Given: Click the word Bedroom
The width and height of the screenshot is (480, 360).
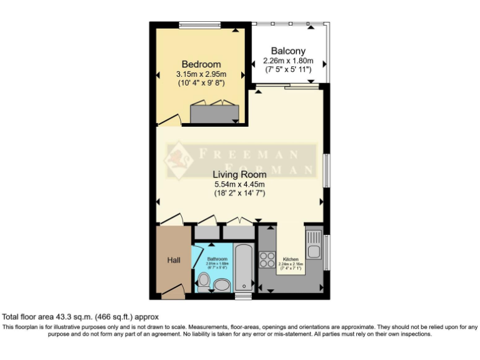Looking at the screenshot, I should point(201,64).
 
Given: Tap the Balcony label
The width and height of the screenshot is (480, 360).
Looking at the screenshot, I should point(287,51).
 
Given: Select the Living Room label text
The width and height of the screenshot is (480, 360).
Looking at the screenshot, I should point(239,174).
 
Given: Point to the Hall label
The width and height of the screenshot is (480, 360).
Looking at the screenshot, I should point(173,260).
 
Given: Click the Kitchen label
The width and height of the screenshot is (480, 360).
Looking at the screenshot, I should point(291,259).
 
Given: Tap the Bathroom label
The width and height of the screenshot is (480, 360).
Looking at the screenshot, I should point(217,259).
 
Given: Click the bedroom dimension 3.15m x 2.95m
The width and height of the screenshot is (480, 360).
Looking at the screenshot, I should point(201,74).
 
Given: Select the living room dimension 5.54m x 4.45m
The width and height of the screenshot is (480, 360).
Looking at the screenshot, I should point(239,184).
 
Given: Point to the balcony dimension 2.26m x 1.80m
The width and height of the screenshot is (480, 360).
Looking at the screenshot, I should point(287,61).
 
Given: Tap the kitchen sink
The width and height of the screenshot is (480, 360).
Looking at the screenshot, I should point(314,247).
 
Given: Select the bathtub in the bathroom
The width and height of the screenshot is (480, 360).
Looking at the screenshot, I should point(243,268).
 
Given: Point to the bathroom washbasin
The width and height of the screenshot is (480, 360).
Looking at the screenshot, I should point(221,286).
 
